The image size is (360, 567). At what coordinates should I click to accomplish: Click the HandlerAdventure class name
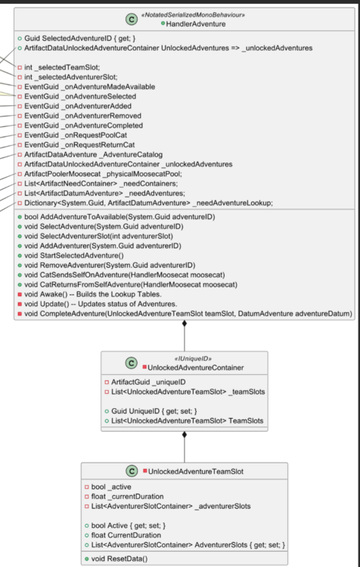pyautogui.click(x=196, y=24)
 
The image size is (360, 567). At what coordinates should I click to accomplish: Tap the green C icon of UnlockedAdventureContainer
pyautogui.click(x=131, y=363)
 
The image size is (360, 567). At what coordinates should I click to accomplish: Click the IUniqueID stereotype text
pyautogui.click(x=191, y=358)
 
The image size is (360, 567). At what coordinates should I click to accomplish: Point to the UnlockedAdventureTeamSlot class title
pyautogui.click(x=196, y=472)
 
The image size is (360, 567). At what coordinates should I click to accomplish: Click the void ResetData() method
pyautogui.click(x=119, y=559)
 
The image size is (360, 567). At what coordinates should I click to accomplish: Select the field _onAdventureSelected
pyautogui.click(x=80, y=97)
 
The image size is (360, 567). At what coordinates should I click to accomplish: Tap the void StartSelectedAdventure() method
pyautogui.click(x=74, y=256)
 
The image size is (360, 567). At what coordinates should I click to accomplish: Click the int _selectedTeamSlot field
pyautogui.click(x=62, y=67)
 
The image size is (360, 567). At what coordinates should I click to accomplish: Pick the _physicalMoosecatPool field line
pyautogui.click(x=103, y=174)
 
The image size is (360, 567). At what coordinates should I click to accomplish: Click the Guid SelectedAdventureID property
pyautogui.click(x=80, y=39)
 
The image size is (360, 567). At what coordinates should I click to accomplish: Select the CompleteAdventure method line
pyautogui.click(x=188, y=314)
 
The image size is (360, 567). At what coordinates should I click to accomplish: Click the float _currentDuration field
pyautogui.click(x=127, y=497)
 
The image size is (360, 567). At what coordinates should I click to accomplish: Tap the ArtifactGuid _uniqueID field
pyautogui.click(x=148, y=383)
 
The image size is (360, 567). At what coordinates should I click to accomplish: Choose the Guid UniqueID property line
pyautogui.click(x=154, y=411)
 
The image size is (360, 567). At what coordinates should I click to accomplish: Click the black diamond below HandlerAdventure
pyautogui.click(x=185, y=324)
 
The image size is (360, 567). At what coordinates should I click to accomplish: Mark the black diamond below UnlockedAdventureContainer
pyautogui.click(x=185, y=435)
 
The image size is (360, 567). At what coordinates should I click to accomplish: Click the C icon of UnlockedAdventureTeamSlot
pyautogui.click(x=132, y=471)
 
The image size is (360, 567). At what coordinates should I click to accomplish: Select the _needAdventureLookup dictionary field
pyautogui.click(x=149, y=203)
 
